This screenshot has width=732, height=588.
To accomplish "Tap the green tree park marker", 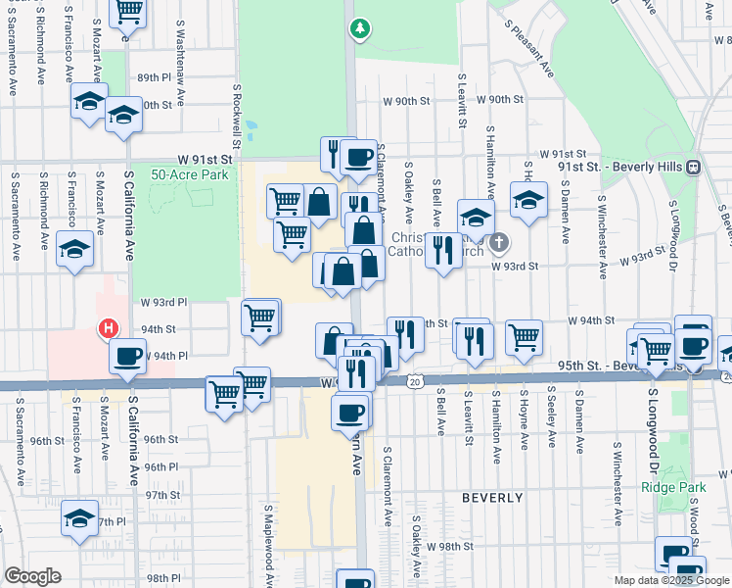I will [360, 28].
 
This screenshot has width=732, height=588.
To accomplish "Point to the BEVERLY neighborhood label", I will [493, 498].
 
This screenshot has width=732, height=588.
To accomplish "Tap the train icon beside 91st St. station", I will [693, 167].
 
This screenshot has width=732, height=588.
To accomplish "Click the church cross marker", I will [499, 242].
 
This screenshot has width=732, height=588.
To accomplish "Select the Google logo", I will [32, 576].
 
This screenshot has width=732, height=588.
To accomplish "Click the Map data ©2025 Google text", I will [670, 580].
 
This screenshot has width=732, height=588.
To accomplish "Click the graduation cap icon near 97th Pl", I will [80, 519].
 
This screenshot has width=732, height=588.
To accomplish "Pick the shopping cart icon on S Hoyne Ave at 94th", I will [525, 337].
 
